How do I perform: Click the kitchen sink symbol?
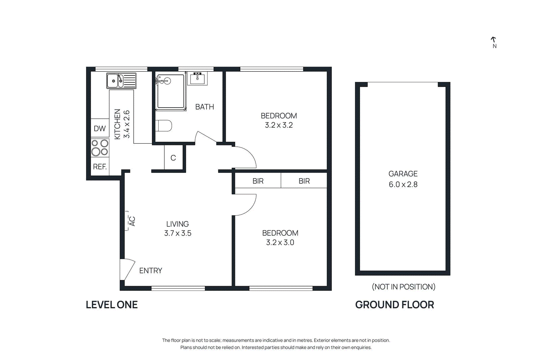[x=121, y=81]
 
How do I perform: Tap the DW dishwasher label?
[x=100, y=129]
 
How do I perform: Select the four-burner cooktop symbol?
[x=100, y=148]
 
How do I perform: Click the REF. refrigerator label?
[x=100, y=167]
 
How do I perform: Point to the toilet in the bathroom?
[x=164, y=126]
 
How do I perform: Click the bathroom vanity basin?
[x=197, y=79]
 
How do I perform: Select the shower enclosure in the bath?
[x=171, y=92]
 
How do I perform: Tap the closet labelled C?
[x=173, y=158]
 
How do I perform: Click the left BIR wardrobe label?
[x=258, y=181]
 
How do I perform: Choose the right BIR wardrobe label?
[x=304, y=181]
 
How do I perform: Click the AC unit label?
[x=132, y=221]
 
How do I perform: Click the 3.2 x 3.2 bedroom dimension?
[x=279, y=125]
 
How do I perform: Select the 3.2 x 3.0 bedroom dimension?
[x=280, y=243]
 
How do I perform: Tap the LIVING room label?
[x=178, y=224]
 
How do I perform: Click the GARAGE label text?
[x=403, y=174]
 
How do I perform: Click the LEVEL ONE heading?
[x=112, y=305]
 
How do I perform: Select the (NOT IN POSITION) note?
[x=403, y=287]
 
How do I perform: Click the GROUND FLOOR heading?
[x=395, y=305]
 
